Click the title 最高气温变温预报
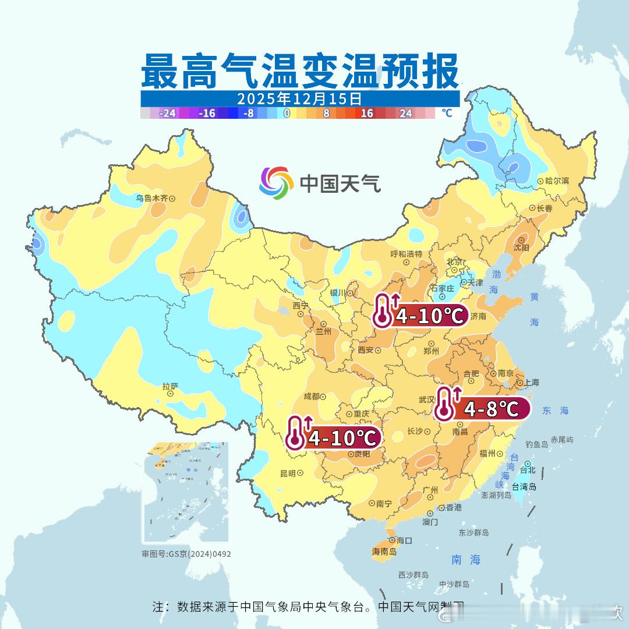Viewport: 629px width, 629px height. (299, 71)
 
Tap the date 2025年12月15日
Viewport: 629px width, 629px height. (299, 98)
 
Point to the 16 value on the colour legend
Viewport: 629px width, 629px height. (366, 113)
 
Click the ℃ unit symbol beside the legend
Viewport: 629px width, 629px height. (446, 113)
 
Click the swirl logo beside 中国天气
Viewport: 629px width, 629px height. (275, 182)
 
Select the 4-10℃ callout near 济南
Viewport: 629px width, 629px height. (430, 316)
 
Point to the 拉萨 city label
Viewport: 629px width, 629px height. (170, 386)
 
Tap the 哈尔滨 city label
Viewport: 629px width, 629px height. (553, 181)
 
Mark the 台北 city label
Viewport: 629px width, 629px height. (527, 469)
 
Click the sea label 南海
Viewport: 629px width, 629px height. (466, 560)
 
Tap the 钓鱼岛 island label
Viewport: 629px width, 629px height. (536, 444)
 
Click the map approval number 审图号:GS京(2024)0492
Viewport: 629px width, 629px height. (186, 554)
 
